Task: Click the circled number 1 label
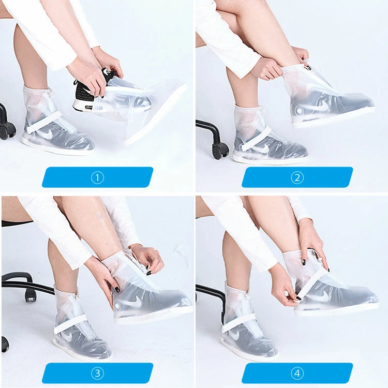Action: [x=97, y=177]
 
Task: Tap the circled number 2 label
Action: [x=297, y=177]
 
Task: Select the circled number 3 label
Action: [x=97, y=373]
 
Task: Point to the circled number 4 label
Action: [x=297, y=373]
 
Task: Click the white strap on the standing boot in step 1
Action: [x=44, y=122]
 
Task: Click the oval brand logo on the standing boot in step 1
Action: [x=33, y=107]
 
